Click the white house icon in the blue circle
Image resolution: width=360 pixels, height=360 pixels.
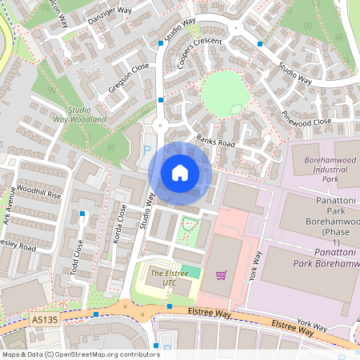(180, 172)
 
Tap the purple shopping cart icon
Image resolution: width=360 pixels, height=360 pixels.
(222, 275)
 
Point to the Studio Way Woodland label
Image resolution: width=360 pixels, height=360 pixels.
(87, 114)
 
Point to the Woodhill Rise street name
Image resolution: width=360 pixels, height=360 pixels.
(38, 194)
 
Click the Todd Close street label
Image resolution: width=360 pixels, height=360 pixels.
(78, 255)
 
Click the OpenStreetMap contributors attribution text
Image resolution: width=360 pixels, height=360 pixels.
(80, 353)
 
